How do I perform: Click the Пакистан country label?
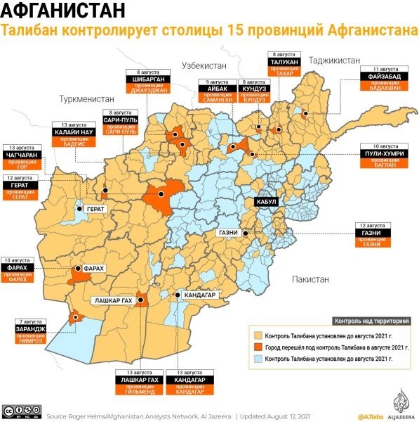(311, 279)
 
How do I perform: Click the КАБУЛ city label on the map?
(267, 201)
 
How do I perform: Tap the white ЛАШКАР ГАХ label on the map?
(114, 300)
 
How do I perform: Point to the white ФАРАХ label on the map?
(93, 269)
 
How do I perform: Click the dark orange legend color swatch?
(258, 347)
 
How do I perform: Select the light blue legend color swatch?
(258, 359)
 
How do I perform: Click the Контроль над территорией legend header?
(371, 321)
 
